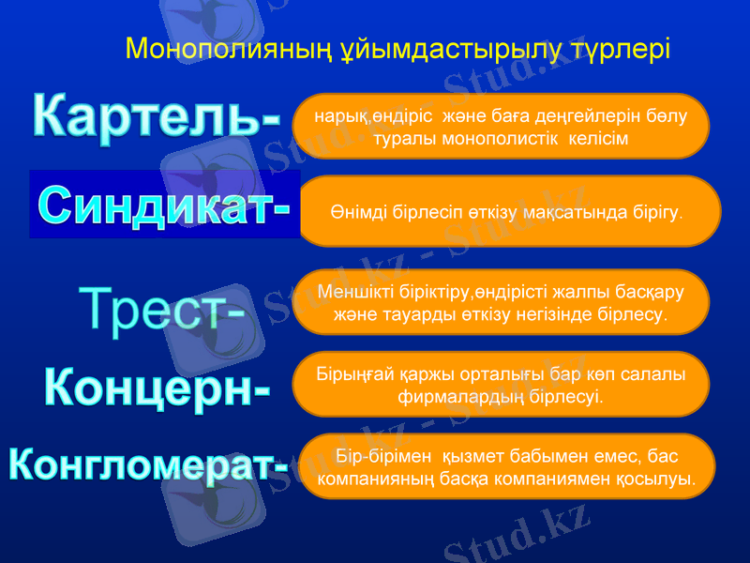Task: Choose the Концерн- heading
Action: [157, 385]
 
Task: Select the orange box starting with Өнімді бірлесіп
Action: [506, 211]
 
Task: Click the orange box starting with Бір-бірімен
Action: [506, 466]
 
